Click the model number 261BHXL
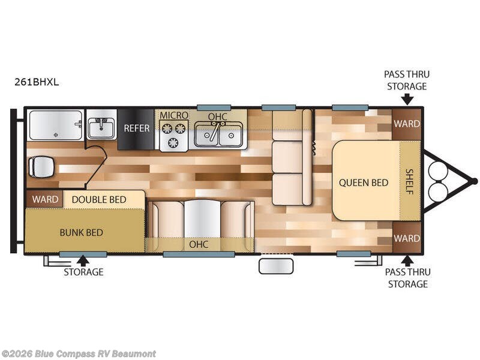point(37,82)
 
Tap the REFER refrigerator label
point(137,128)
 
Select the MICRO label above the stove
point(174,115)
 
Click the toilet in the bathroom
point(41,167)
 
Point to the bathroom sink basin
point(101,128)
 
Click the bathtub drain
point(56,134)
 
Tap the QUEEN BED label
point(364,183)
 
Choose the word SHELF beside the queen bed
point(409,182)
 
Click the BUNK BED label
point(81,233)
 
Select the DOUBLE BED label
point(99,200)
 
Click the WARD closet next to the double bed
point(45,199)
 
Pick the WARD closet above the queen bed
point(407,124)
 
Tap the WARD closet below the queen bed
point(407,238)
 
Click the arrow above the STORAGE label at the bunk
point(83,260)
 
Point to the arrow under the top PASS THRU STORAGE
point(407,100)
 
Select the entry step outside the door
point(276,266)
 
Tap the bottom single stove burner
point(173,142)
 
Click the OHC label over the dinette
point(199,244)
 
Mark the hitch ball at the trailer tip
point(474,181)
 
